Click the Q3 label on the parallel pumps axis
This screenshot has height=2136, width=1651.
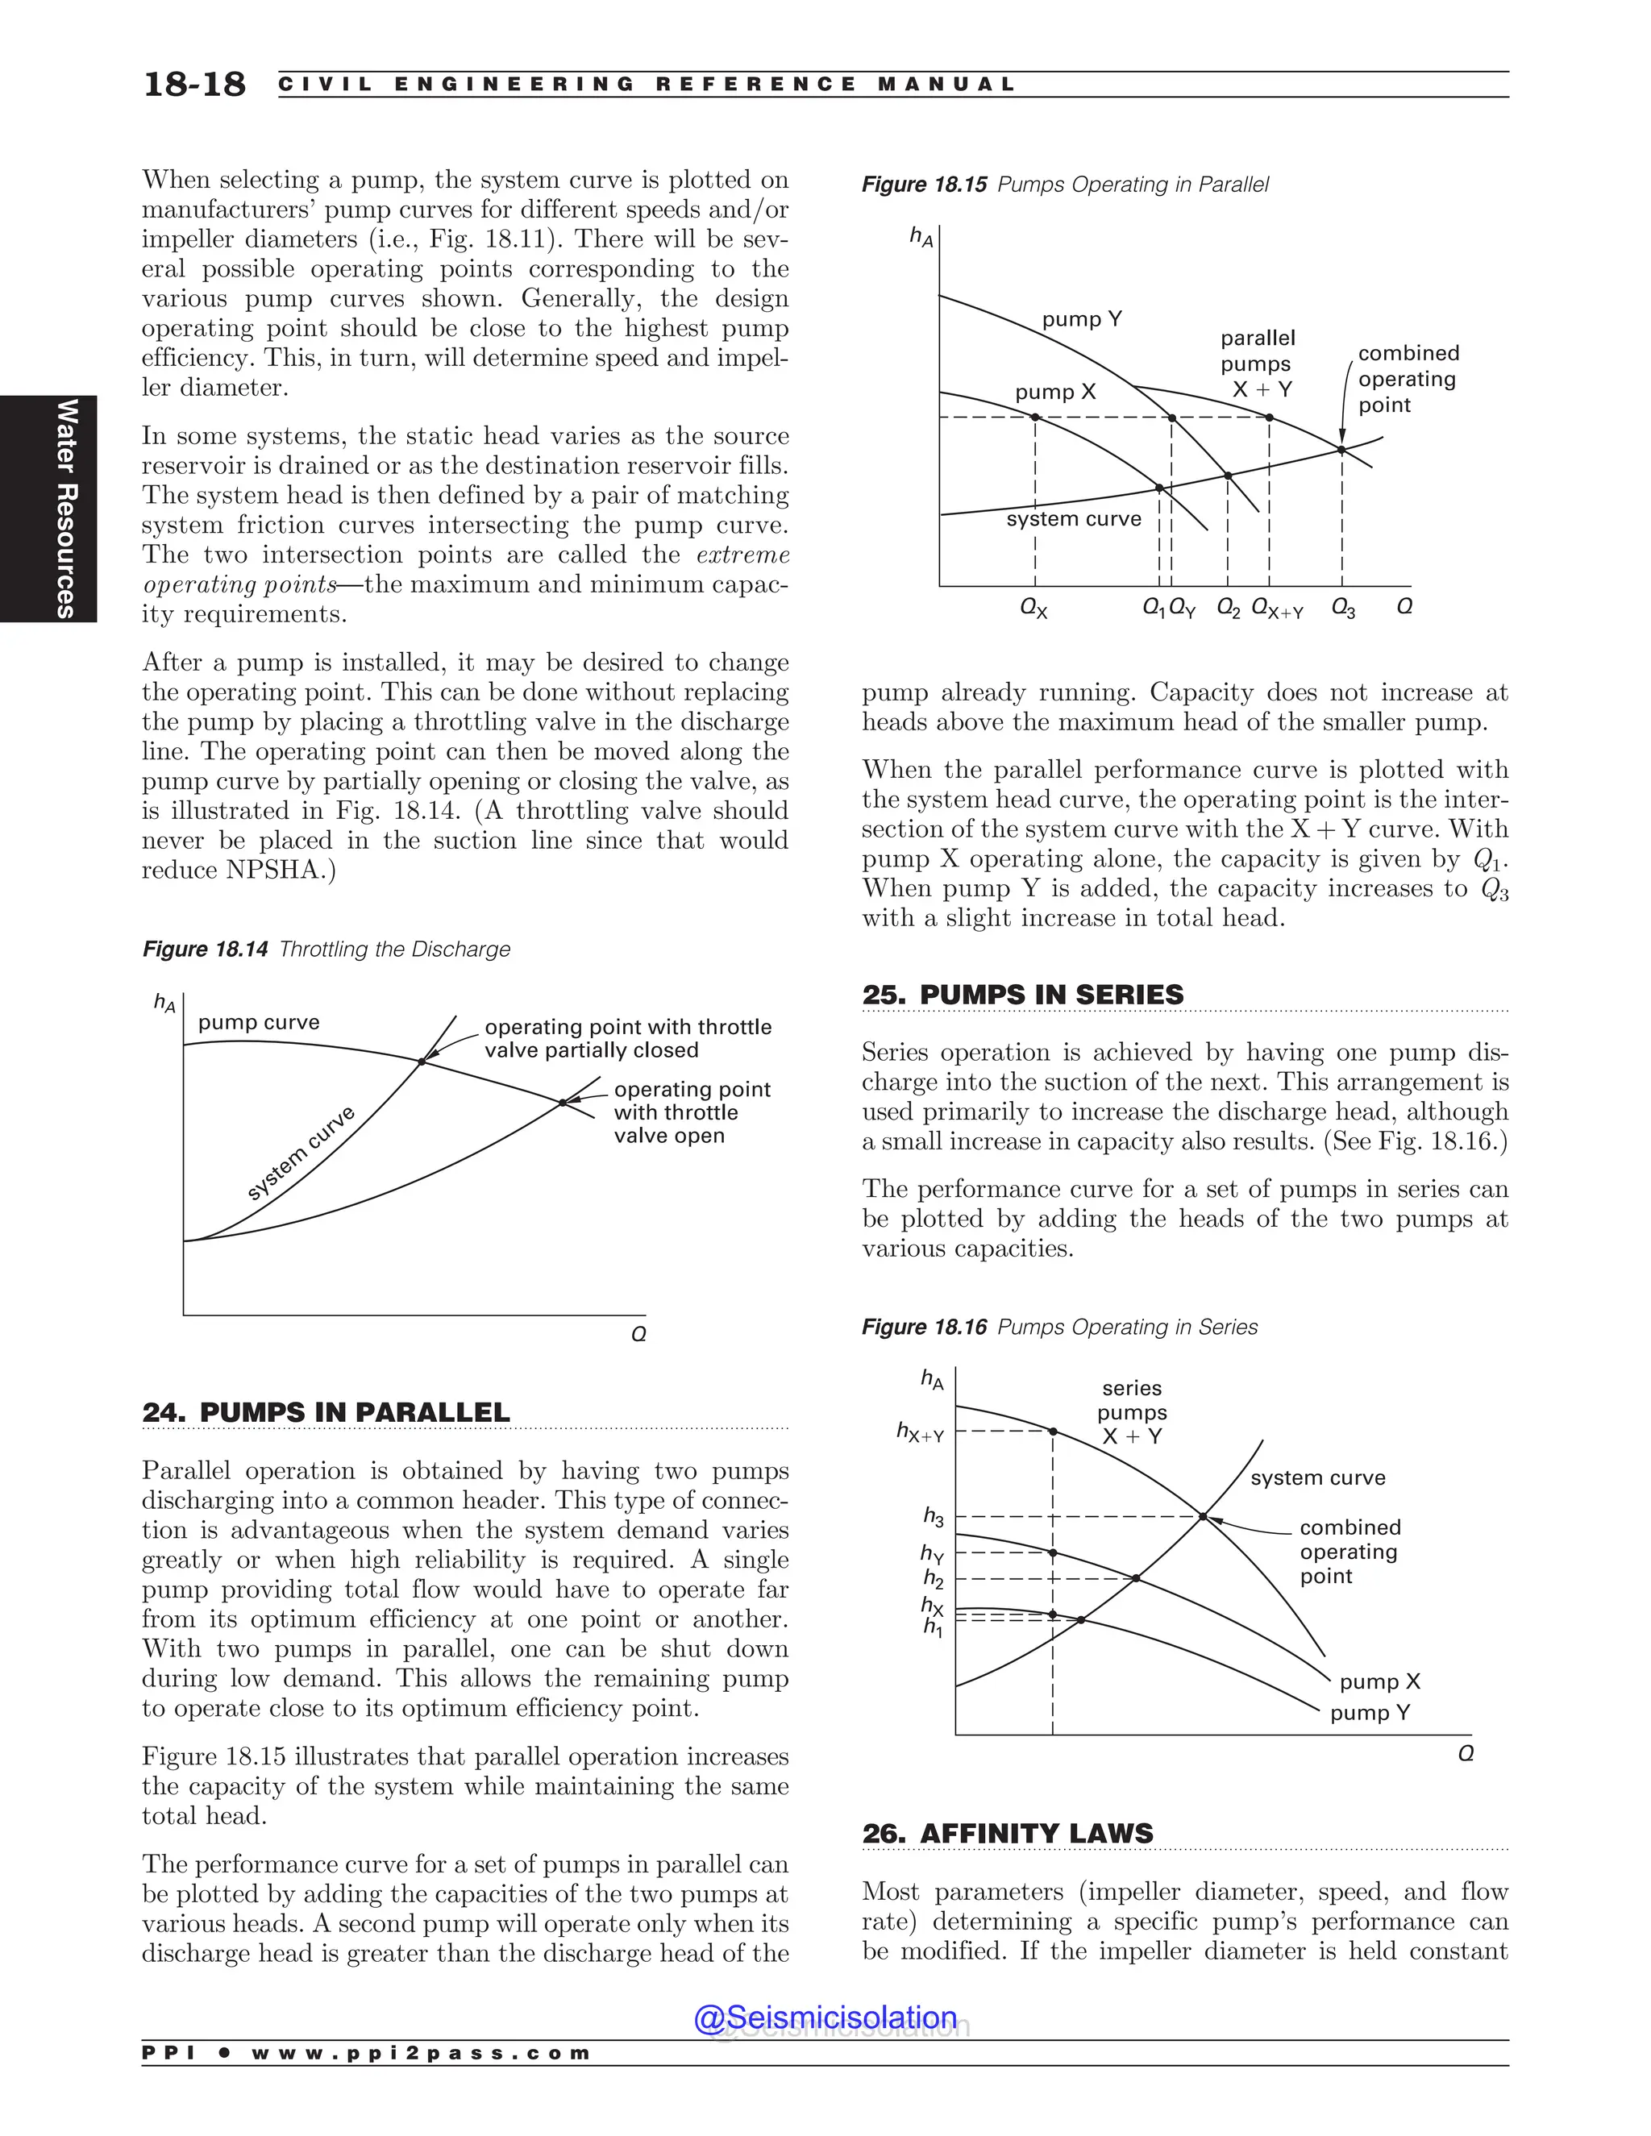(x=1343, y=609)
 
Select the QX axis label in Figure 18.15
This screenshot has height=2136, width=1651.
(x=1033, y=609)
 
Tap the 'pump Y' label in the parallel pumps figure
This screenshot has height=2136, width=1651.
(x=1082, y=319)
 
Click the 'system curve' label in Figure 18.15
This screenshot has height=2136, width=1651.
(x=1073, y=518)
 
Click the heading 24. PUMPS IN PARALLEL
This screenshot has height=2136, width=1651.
(x=326, y=1412)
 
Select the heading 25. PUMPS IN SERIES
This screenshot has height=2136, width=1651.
(x=1022, y=995)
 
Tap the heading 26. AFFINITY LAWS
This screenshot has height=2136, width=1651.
(x=1008, y=1833)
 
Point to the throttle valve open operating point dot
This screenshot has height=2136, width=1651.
(x=563, y=1102)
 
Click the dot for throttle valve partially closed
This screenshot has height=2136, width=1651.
(x=422, y=1062)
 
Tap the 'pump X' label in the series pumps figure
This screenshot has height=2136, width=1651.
(x=1379, y=1681)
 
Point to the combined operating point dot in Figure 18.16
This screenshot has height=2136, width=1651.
(x=1203, y=1517)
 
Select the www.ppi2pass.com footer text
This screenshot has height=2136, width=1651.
(x=421, y=2053)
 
